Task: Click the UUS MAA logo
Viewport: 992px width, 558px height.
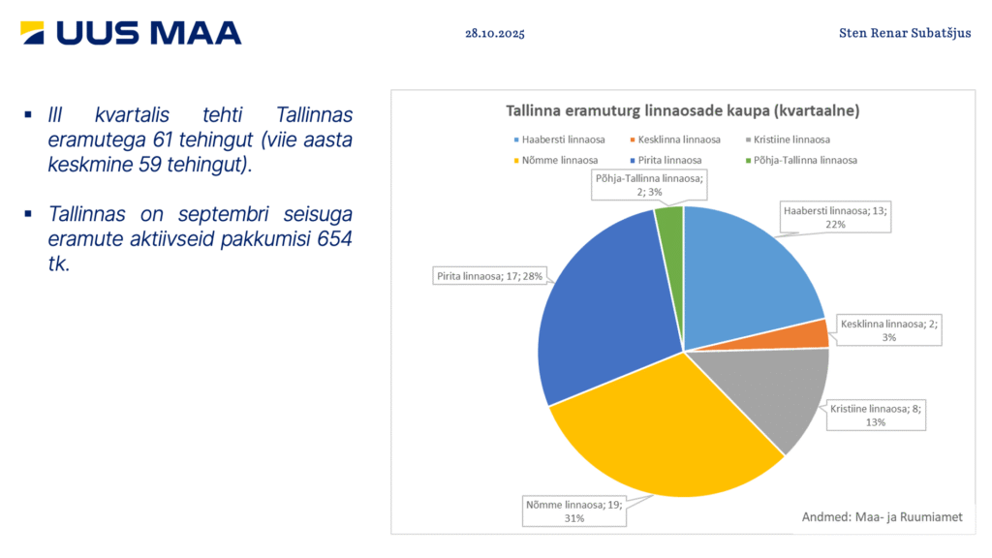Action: pyautogui.click(x=131, y=33)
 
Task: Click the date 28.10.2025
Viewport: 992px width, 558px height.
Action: pyautogui.click(x=495, y=33)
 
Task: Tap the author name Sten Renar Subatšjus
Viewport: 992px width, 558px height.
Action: pyautogui.click(x=905, y=33)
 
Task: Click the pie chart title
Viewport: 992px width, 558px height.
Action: pyautogui.click(x=683, y=110)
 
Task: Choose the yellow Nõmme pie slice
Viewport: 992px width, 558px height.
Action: pyautogui.click(x=659, y=436)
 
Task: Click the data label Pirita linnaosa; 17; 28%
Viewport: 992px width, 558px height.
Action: pyautogui.click(x=491, y=277)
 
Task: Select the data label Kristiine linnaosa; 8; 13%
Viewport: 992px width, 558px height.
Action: pyautogui.click(x=876, y=415)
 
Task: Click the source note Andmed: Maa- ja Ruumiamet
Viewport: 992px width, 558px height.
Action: pyautogui.click(x=882, y=517)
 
